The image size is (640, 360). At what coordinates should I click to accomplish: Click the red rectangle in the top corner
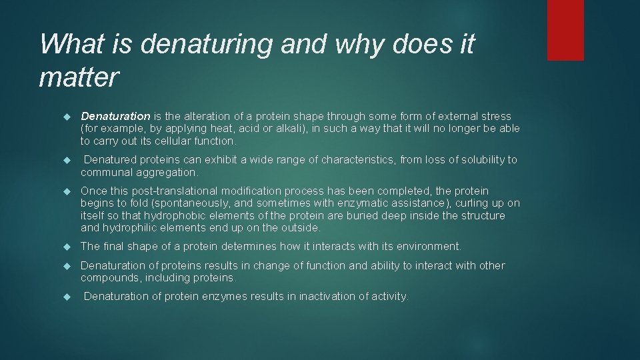point(565,30)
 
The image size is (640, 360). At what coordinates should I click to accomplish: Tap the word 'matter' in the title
point(79,77)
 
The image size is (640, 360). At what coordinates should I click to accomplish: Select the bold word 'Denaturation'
point(115,116)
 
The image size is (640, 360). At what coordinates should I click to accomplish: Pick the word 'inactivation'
point(330,297)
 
